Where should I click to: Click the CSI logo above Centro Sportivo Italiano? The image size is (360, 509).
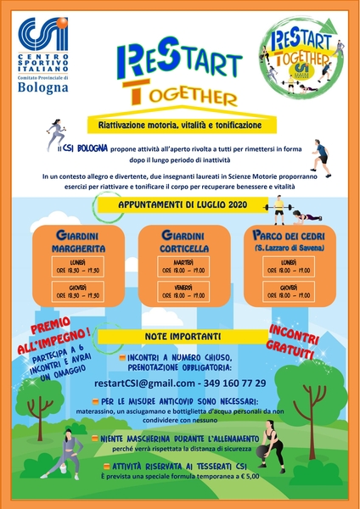43,36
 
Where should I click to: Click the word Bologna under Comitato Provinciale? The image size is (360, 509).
43,89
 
